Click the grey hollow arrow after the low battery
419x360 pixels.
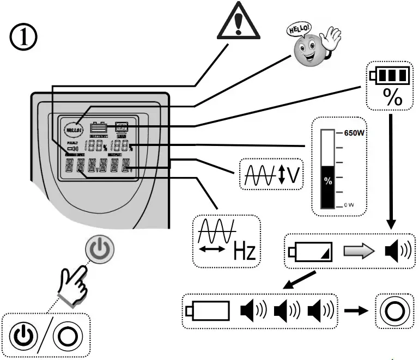point(358,251)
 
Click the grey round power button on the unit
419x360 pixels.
point(100,250)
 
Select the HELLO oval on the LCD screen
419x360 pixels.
point(73,130)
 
